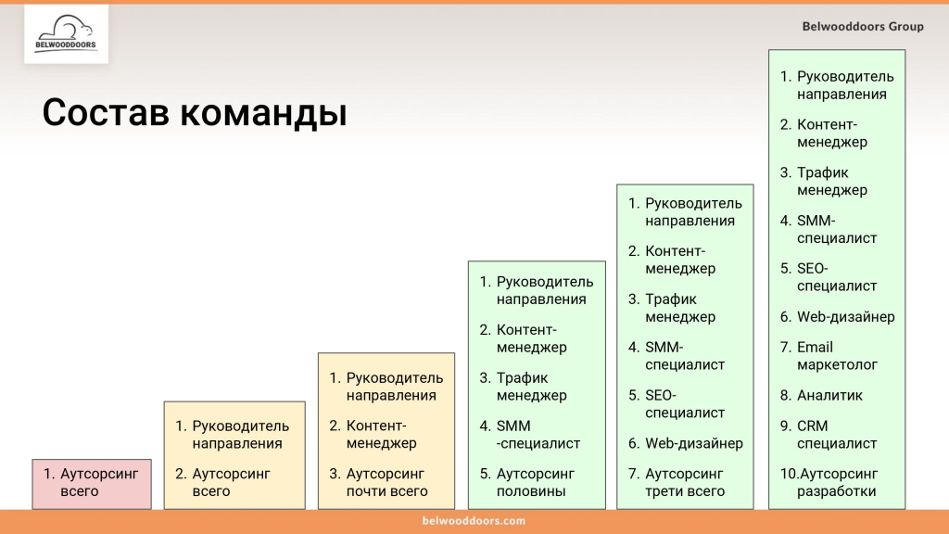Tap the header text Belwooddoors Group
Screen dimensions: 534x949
863,26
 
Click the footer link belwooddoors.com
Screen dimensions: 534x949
474,521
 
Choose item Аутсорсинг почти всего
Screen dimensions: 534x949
386,482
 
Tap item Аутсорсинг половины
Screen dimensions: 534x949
536,482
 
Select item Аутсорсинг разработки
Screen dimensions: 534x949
836,482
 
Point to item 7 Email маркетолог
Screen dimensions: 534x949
837,356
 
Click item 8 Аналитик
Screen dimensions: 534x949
829,396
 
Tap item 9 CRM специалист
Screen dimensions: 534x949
837,435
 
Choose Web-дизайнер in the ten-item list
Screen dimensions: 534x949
845,317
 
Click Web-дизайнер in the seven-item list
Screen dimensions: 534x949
693,443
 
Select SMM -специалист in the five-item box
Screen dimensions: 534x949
538,435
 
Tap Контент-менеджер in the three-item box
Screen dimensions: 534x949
381,435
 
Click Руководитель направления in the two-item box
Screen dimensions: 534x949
240,435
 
